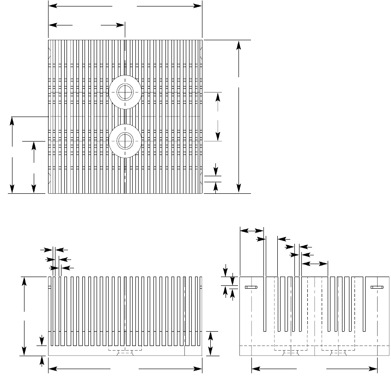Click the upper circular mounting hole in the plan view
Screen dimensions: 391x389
click(x=125, y=92)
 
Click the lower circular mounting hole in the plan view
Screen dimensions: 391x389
click(x=125, y=141)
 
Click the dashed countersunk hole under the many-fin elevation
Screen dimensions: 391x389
click(x=125, y=353)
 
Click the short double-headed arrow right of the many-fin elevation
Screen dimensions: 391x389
click(x=211, y=343)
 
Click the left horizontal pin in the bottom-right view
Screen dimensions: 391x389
click(x=251, y=288)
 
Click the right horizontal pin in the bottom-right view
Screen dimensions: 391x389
click(x=377, y=288)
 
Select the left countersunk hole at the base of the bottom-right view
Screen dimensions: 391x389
click(x=290, y=353)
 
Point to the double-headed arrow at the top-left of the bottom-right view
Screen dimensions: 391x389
click(x=251, y=230)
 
